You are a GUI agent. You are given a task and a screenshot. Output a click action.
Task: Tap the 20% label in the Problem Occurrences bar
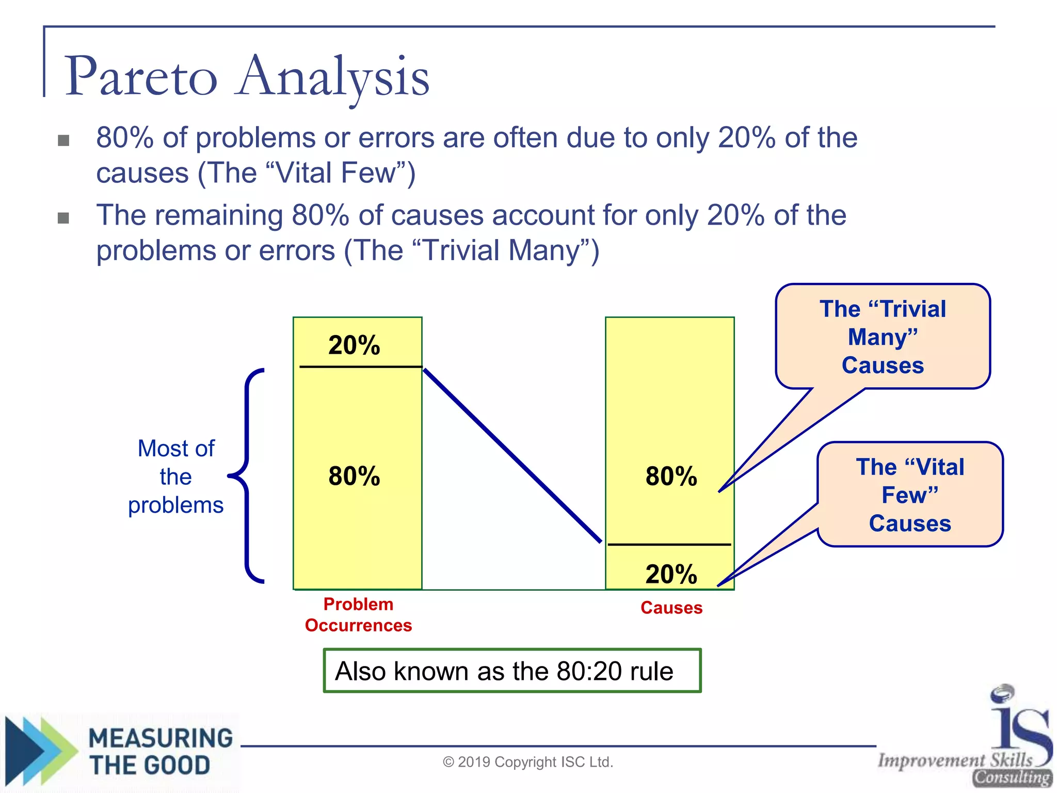[354, 345]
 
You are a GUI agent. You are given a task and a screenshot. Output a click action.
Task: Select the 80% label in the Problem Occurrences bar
[354, 475]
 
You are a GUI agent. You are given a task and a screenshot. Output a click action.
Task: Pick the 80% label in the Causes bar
[671, 475]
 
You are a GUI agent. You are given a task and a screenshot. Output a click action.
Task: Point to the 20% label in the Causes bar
[671, 574]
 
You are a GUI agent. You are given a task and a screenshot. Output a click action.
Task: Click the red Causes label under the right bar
[671, 608]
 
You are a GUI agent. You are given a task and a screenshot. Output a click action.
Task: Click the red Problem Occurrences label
[358, 615]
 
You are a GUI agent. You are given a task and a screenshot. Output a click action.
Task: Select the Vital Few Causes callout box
[910, 495]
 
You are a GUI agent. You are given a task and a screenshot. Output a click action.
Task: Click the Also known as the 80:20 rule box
[511, 671]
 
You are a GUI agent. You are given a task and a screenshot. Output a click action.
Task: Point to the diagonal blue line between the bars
[512, 455]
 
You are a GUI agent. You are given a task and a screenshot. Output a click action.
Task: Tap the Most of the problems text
[175, 477]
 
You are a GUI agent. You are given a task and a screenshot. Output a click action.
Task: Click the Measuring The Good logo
[121, 751]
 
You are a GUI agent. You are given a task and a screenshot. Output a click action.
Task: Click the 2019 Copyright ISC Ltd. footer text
[527, 762]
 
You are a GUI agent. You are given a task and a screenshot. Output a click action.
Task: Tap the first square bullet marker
[63, 140]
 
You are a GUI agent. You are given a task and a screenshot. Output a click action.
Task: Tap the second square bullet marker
[63, 218]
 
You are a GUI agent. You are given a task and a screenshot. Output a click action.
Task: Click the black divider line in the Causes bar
[669, 544]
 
